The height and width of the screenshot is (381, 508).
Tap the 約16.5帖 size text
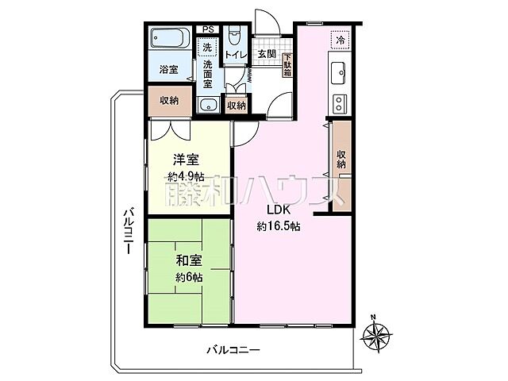pyautogui.click(x=278, y=225)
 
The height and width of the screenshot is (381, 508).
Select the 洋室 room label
pyautogui.click(x=187, y=159)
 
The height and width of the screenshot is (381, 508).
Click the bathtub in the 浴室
pyautogui.click(x=168, y=39)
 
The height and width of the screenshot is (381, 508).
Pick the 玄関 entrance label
pyautogui.click(x=266, y=55)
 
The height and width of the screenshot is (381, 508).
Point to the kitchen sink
pyautogui.click(x=337, y=69)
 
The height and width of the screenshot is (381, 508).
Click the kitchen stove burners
pyautogui.click(x=339, y=102)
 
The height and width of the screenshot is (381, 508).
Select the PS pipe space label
pyautogui.click(x=209, y=30)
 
